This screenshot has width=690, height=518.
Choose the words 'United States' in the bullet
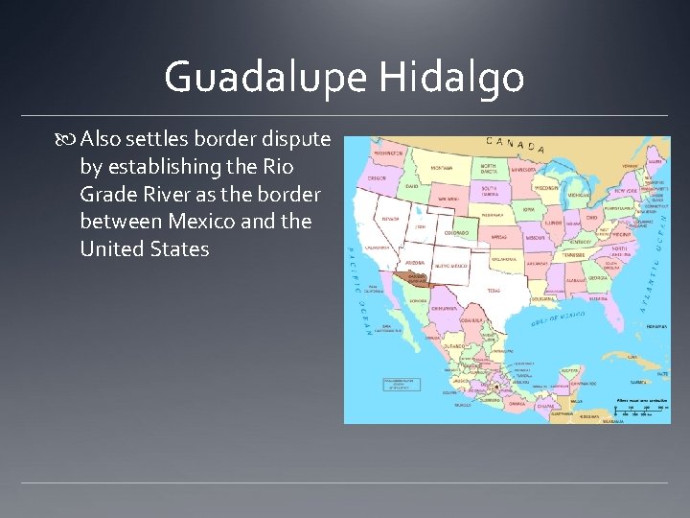tap(145, 249)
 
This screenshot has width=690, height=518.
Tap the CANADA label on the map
tap(516, 145)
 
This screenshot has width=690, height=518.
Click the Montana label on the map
tap(441, 168)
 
